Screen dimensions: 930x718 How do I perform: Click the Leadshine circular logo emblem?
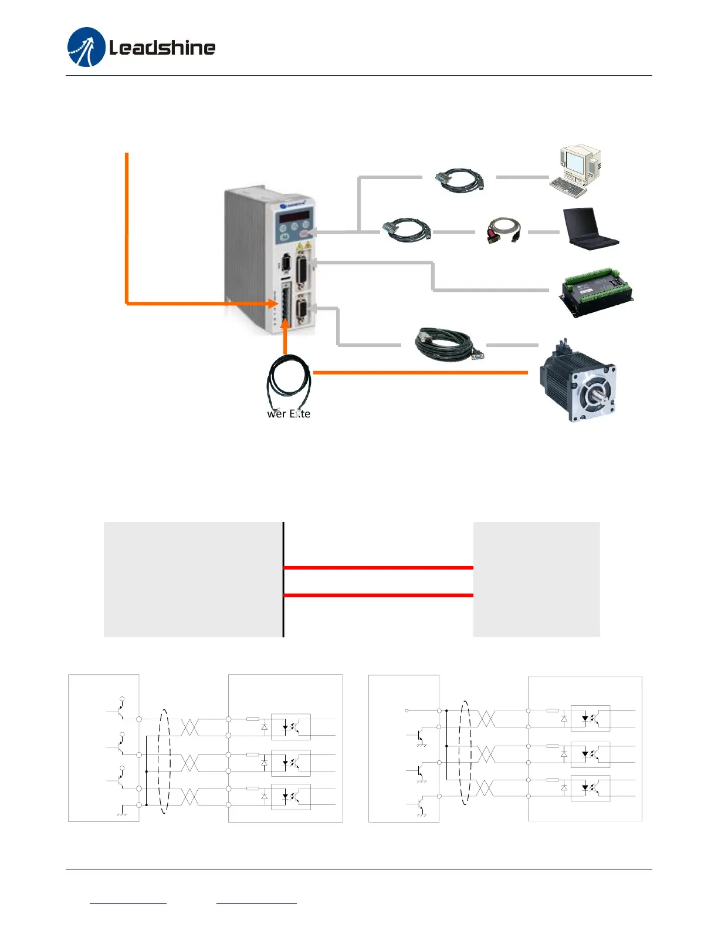(86, 47)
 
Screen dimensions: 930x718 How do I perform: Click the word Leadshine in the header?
(162, 48)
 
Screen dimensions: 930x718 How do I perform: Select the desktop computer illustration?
(577, 170)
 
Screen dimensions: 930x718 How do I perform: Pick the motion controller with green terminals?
(596, 292)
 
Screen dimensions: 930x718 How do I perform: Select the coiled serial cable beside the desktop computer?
(460, 179)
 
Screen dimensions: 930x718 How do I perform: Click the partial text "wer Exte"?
(289, 414)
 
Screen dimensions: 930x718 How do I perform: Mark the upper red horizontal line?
(378, 568)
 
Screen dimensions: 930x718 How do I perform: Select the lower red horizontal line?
(378, 595)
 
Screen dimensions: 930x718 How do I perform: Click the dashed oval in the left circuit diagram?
(164, 761)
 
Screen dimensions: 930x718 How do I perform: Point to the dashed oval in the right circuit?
(465, 752)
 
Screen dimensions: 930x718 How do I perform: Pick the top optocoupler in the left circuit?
(291, 727)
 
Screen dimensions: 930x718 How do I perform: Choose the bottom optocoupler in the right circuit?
(591, 789)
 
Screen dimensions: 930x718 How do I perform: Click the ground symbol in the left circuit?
(122, 814)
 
